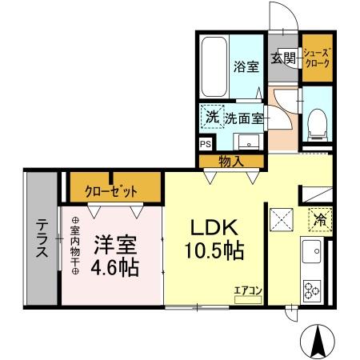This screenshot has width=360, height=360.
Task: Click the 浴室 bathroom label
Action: (246, 67)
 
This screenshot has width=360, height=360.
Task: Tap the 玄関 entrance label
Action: (283, 58)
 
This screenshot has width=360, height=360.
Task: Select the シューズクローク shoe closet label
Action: (315, 58)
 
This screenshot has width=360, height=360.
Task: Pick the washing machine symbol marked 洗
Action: (211, 118)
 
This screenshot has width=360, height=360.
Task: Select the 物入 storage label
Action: (231, 162)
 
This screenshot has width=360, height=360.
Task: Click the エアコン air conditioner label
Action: (247, 290)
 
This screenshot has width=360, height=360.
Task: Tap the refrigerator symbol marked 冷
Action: (318, 218)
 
